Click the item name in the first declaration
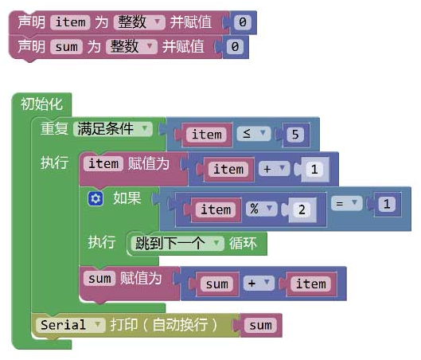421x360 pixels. [x=70, y=22]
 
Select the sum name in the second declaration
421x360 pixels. [x=66, y=47]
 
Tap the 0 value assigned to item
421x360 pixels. [x=243, y=22]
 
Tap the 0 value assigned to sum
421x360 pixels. [x=235, y=47]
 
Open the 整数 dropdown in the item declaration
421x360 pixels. [x=139, y=22]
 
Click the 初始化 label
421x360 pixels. [x=42, y=104]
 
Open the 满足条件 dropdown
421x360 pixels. [x=113, y=129]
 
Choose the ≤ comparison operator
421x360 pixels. [x=254, y=134]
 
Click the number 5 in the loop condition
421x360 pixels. [x=295, y=134]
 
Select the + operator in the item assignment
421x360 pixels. [x=274, y=169]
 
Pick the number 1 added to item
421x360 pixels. [x=314, y=170]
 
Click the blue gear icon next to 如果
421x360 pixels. [x=96, y=199]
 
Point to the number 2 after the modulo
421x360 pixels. [x=302, y=209]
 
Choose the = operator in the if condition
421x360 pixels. [x=347, y=203]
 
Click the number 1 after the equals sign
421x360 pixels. [x=387, y=204]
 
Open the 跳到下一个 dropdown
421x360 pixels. [x=177, y=244]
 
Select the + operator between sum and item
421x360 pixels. [x=259, y=284]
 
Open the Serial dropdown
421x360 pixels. [x=70, y=325]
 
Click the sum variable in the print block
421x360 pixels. [x=260, y=325]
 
